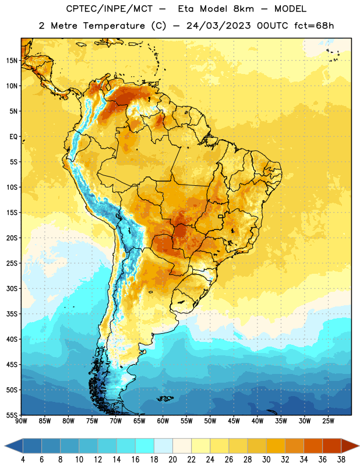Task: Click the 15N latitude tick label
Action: (x=12, y=61)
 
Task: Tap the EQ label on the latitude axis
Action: (x=13, y=137)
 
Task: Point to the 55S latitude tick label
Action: (x=12, y=415)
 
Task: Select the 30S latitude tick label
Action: (x=12, y=288)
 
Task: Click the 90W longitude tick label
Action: (x=21, y=421)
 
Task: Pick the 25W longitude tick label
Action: (x=328, y=421)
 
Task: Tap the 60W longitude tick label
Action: (x=163, y=421)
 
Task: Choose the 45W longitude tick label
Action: (x=234, y=421)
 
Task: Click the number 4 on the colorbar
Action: (x=23, y=460)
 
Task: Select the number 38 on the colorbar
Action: (x=341, y=460)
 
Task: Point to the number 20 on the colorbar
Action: (x=172, y=460)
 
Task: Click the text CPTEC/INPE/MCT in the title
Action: (x=109, y=9)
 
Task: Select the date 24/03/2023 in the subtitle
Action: (x=218, y=26)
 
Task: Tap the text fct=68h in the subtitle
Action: (x=314, y=26)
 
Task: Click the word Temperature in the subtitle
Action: (x=114, y=26)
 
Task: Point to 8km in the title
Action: (x=243, y=9)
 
